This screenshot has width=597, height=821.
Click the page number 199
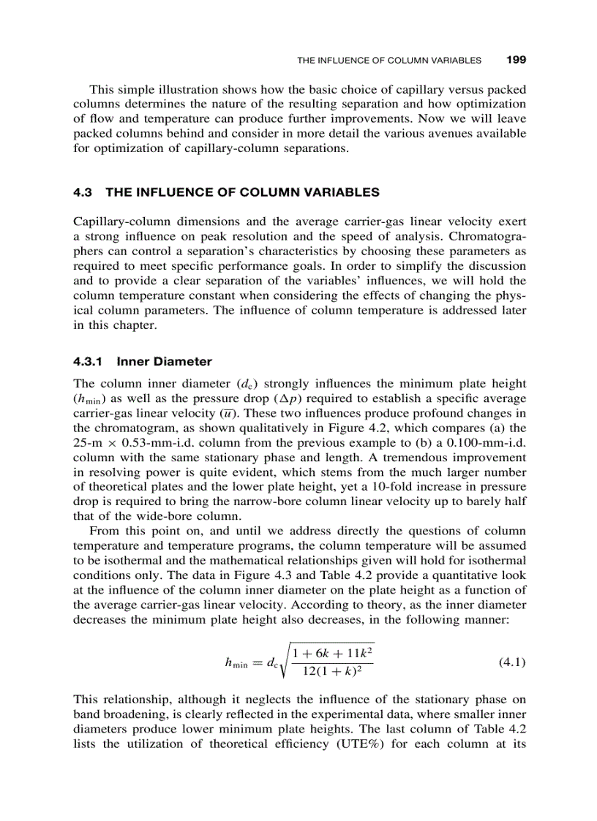(x=517, y=59)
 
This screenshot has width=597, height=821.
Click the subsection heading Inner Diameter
(x=165, y=361)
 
